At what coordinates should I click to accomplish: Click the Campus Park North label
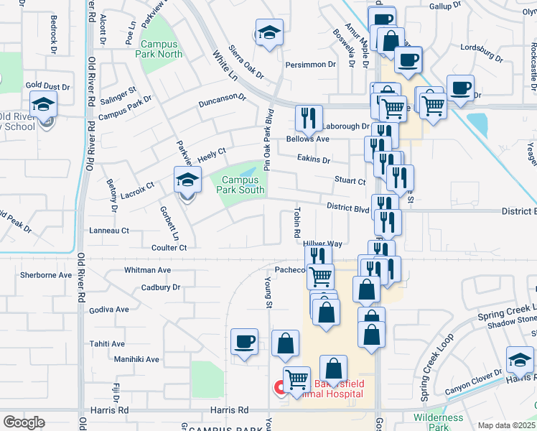click(160, 49)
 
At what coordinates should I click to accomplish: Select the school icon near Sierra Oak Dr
click(269, 33)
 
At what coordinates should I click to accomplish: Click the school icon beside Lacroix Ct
click(187, 181)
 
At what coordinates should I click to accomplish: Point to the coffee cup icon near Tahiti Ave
click(244, 342)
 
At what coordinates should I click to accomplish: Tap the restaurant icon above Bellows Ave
click(309, 118)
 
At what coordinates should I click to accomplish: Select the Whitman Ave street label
click(147, 270)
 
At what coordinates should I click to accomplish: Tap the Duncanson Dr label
click(223, 101)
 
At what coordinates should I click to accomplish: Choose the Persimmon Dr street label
click(311, 64)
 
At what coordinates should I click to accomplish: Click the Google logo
click(24, 422)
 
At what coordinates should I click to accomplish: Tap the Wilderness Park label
click(439, 422)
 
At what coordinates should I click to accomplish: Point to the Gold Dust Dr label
click(48, 86)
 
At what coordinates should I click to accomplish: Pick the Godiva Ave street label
click(109, 310)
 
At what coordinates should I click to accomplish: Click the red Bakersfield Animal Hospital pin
click(280, 388)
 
